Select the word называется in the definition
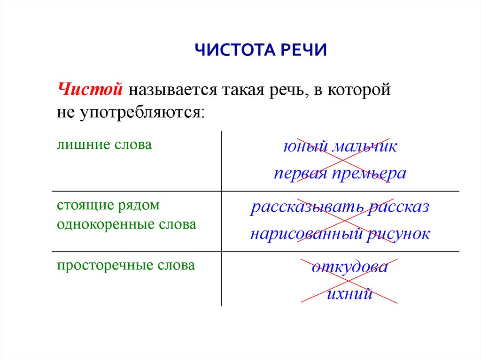171,90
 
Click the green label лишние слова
104,145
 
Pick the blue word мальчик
365,146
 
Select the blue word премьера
369,174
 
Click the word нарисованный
306,234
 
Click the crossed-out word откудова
349,268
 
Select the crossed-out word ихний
349,294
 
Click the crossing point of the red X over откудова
349,280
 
